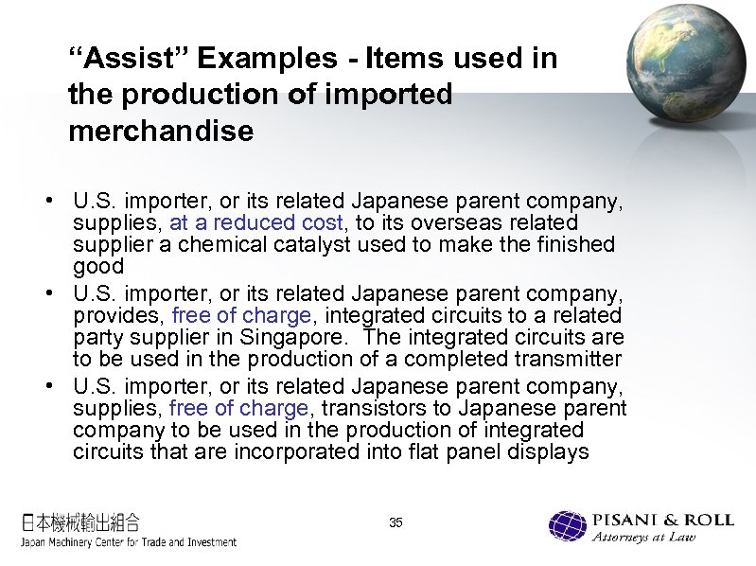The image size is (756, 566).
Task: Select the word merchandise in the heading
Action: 161,132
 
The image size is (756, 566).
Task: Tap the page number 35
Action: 396,522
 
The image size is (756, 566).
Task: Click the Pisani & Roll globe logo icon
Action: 568,527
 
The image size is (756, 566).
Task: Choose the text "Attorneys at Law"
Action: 642,538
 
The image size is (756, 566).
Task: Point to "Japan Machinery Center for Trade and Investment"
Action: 129,542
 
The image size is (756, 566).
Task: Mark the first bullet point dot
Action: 47,202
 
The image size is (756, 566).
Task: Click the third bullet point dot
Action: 47,387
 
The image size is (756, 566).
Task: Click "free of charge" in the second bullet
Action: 241,315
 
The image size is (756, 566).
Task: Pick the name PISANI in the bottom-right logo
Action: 625,520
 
